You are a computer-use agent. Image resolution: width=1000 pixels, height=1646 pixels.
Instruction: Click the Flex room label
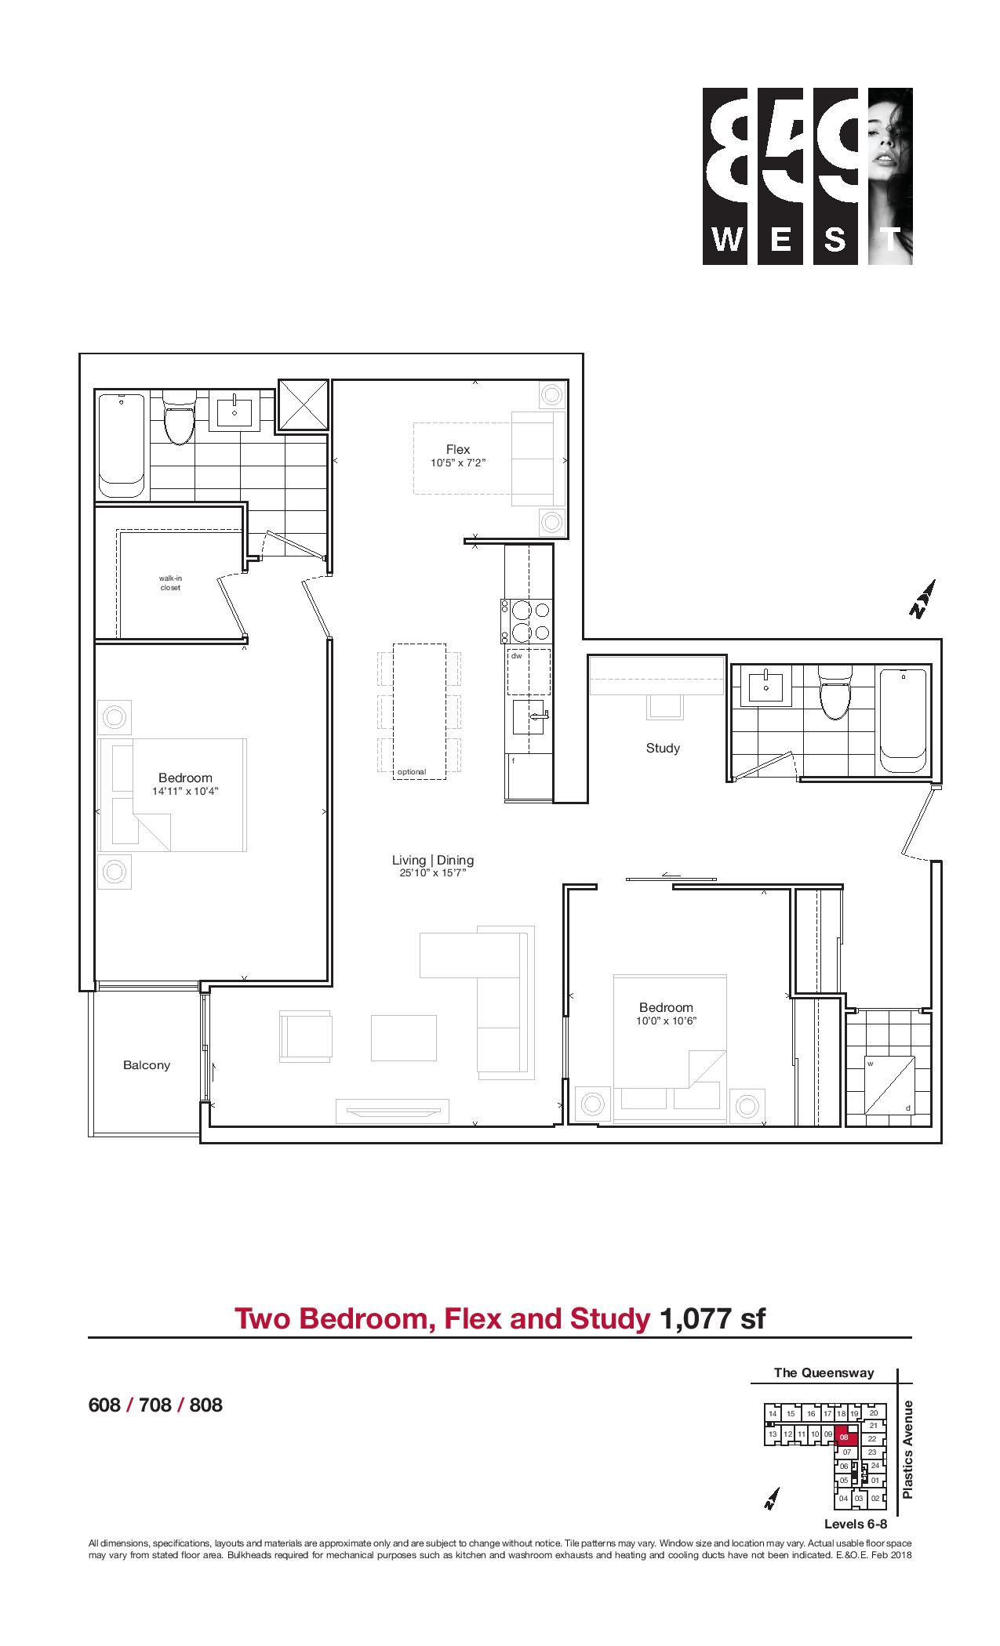(x=458, y=449)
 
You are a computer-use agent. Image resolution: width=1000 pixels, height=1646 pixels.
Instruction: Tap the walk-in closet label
(x=170, y=583)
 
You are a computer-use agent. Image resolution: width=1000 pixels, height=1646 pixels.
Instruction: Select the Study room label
(x=663, y=748)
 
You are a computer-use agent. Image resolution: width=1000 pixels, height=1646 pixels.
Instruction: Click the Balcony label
(x=147, y=1065)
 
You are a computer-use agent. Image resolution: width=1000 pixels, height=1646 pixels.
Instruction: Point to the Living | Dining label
(x=433, y=860)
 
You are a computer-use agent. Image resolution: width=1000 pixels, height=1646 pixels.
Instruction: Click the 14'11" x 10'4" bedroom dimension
(x=185, y=792)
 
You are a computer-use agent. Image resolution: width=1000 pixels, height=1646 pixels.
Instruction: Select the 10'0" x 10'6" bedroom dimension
(x=667, y=1021)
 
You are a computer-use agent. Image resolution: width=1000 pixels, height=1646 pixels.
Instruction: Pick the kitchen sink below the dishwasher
(x=529, y=716)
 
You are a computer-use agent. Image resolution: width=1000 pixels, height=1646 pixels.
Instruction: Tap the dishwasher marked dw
(x=529, y=672)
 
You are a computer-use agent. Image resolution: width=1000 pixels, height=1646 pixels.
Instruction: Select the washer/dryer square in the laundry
(x=890, y=1086)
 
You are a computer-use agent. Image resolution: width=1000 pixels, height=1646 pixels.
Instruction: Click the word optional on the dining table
(x=412, y=772)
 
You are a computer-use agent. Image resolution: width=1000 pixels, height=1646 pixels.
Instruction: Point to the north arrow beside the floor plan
(x=923, y=600)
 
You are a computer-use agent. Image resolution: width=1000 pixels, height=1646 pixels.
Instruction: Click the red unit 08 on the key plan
(x=845, y=1438)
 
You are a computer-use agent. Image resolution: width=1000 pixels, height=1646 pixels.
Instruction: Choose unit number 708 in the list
(x=155, y=1405)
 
